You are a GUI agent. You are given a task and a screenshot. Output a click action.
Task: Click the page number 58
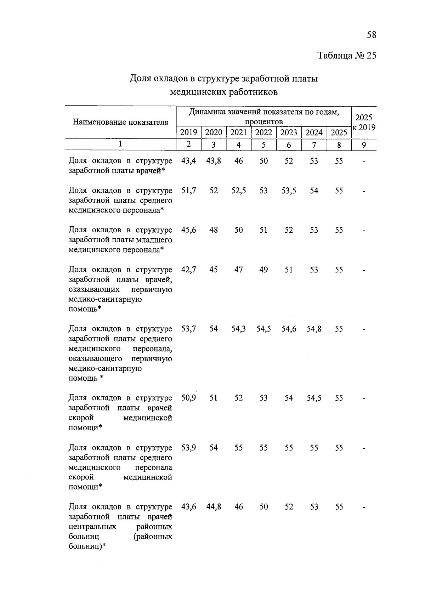(372, 35)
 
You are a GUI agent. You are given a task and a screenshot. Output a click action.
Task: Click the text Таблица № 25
(347, 56)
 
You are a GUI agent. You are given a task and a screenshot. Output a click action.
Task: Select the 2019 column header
(188, 132)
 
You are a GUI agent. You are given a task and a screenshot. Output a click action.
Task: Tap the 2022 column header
(263, 132)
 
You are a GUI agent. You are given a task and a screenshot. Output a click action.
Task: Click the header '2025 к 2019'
(364, 123)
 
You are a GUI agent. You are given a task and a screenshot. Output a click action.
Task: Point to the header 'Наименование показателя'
(120, 122)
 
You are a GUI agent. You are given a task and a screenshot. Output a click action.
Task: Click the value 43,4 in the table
(188, 161)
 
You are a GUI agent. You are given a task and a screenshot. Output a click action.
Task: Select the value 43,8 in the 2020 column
(214, 161)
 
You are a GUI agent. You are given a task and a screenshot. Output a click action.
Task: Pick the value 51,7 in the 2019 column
(188, 191)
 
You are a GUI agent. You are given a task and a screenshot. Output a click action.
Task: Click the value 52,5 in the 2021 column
(239, 191)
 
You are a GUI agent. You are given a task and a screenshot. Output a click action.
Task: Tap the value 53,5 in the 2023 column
(289, 191)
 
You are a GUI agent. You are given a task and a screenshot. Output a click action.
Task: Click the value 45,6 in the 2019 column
(188, 230)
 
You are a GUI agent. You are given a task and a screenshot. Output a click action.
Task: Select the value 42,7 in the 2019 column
(188, 270)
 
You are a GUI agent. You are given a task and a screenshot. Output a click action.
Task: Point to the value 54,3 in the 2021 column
(239, 329)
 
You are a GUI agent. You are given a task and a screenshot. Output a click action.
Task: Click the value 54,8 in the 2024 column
(314, 329)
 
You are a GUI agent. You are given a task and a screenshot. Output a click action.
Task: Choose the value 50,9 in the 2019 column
(188, 398)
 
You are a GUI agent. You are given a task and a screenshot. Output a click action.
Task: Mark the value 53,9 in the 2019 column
(188, 448)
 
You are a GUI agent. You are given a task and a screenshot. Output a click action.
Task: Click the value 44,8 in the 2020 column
(214, 507)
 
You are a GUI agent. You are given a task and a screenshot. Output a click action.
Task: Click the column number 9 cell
(364, 144)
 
